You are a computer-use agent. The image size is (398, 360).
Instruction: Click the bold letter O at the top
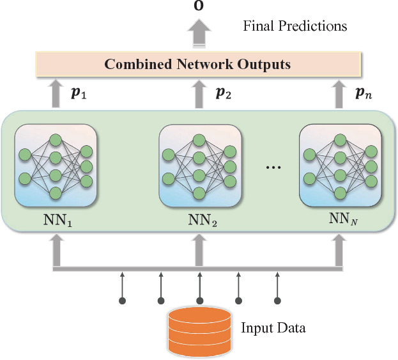click(x=199, y=6)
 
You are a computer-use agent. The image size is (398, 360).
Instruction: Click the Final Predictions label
click(x=295, y=26)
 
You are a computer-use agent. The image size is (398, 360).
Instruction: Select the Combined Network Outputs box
click(x=198, y=64)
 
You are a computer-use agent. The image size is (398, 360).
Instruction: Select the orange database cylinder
click(x=198, y=330)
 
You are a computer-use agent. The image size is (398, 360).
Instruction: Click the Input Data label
click(x=273, y=329)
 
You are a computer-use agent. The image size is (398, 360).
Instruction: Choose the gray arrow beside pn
click(x=339, y=93)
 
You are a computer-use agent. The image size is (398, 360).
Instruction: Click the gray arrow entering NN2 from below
click(x=199, y=250)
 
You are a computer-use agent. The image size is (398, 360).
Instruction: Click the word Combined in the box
click(x=131, y=64)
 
